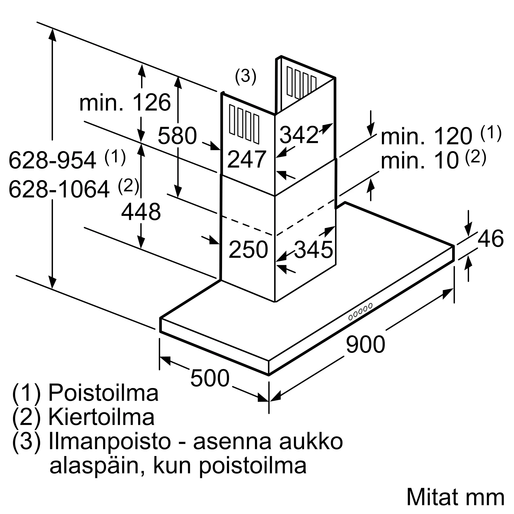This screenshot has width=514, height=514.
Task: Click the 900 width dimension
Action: pos(365,344)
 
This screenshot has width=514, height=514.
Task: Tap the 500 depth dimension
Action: pos(210,378)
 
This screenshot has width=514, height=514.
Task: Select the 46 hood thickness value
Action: pos(490,238)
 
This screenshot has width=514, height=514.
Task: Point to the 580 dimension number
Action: pos(177,136)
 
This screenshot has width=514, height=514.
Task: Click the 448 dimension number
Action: pos(141,212)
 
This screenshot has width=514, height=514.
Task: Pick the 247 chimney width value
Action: pos(247,159)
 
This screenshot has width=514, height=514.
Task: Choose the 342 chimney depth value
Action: pos(299,135)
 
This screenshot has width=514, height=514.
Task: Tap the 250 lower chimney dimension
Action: pos(248,250)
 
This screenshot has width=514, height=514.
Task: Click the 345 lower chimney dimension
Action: pos(313,250)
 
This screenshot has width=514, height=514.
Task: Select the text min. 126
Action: pos(125,103)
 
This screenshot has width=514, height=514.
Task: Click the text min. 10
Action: pos(420,161)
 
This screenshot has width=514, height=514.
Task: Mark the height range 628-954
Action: pos(52,160)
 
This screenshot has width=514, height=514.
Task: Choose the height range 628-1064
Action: pos(59,189)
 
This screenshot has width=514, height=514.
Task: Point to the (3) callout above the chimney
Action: pos(245,77)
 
